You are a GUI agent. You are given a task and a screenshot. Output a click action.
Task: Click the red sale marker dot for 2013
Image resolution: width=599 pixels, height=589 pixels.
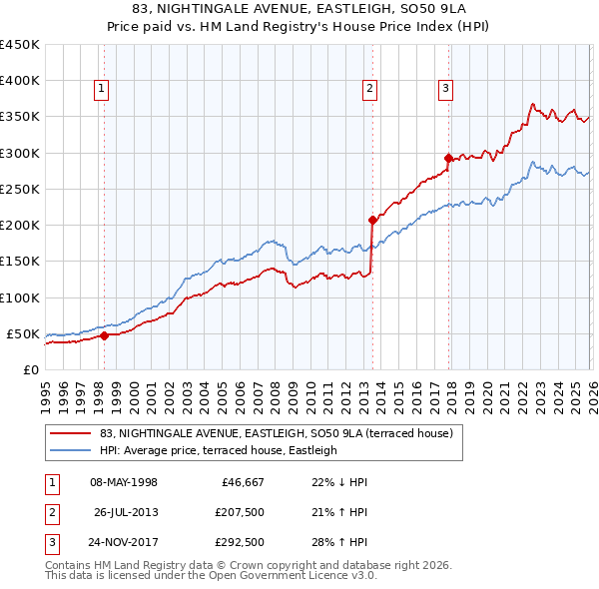point(372,220)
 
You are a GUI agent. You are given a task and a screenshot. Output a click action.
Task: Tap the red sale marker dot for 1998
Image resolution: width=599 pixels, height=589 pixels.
point(104,335)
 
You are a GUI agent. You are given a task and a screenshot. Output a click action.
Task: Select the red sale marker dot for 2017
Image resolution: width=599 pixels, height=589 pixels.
point(448,158)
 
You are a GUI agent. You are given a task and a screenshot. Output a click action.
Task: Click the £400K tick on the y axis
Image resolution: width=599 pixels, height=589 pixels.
point(20,81)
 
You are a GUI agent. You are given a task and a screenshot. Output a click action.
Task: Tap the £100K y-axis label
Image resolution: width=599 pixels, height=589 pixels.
point(20,297)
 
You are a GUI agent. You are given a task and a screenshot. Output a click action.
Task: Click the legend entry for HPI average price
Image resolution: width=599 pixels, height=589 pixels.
point(219,450)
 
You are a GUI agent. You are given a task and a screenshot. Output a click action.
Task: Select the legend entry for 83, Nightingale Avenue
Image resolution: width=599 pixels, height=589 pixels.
point(277,433)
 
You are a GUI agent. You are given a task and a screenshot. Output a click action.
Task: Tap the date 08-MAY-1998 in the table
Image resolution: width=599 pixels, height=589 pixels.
point(124,482)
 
